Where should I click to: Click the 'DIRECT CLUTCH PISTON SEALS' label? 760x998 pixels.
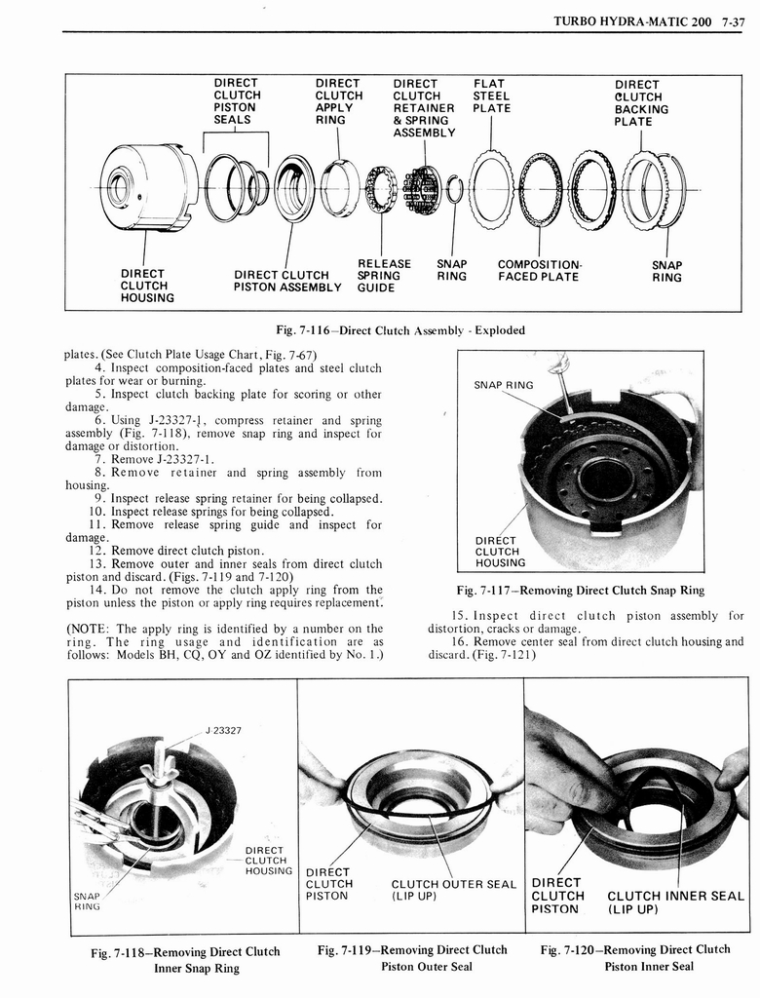pos(235,101)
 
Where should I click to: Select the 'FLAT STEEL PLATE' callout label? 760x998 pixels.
pos(491,96)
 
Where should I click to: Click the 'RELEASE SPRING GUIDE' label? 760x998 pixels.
pos(384,276)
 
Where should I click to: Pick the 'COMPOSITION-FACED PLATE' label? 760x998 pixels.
pos(539,271)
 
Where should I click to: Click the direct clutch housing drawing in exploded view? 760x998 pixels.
pos(146,187)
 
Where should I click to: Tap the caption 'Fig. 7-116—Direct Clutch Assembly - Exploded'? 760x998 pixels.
pos(400,330)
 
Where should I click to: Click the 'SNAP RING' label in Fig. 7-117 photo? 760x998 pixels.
pos(503,385)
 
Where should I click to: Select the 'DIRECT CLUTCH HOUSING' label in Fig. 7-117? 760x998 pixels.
pos(500,551)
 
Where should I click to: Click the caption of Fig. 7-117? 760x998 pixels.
pos(580,591)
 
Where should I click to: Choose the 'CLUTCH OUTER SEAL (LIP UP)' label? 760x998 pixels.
pos(453,890)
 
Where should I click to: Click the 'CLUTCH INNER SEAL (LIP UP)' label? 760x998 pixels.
pos(675,902)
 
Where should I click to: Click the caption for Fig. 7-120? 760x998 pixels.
pos(635,957)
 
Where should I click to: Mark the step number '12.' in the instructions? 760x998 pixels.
pos(104,551)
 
